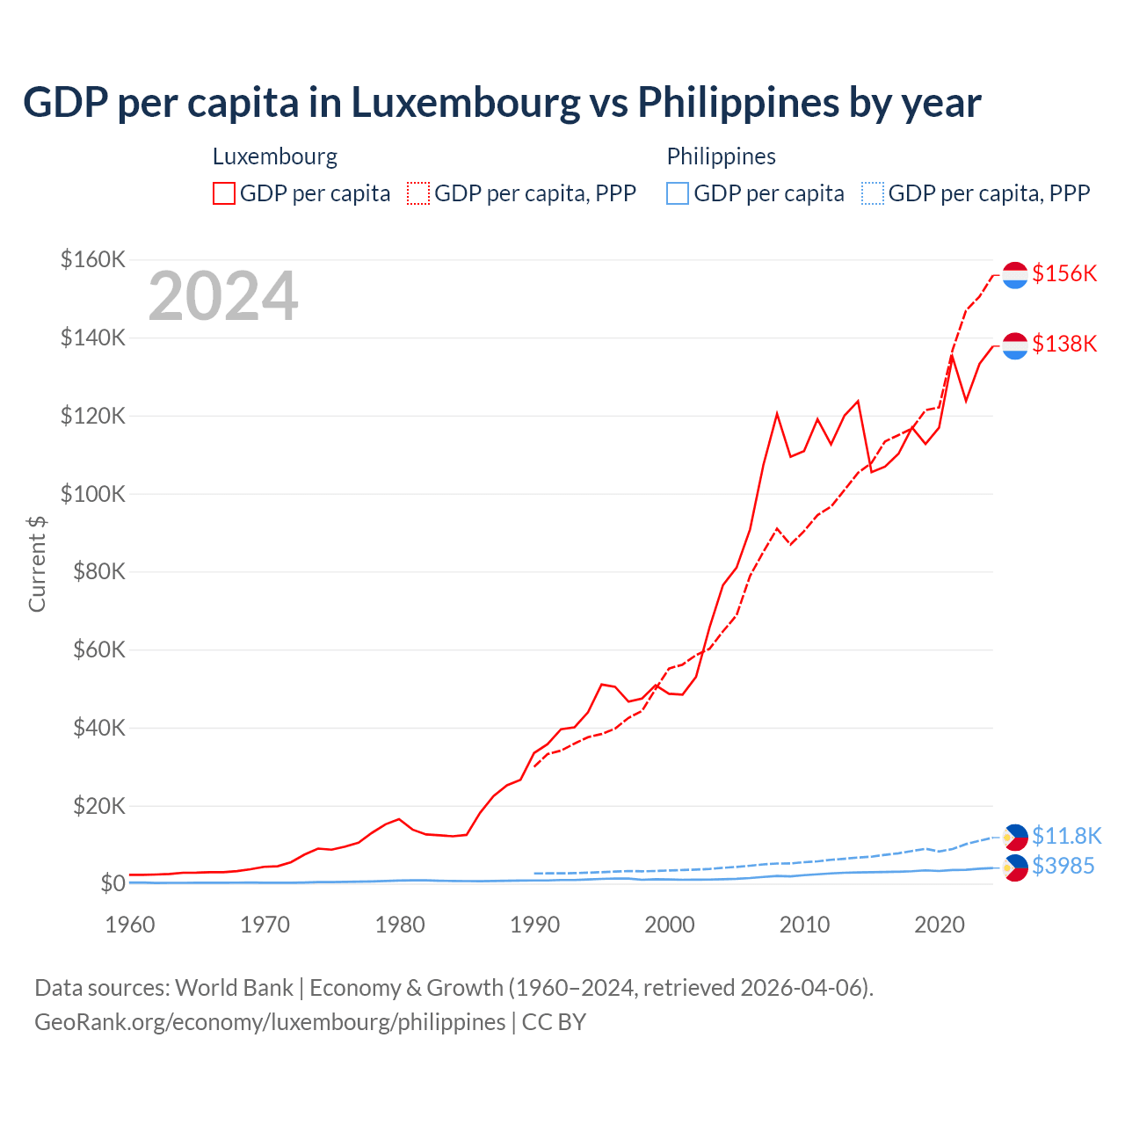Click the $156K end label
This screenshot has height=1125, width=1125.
[x=1064, y=273]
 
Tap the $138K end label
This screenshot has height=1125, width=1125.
[x=1064, y=344]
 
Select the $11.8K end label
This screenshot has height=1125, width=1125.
[x=1066, y=835]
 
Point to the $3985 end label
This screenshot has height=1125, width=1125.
[x=1063, y=866]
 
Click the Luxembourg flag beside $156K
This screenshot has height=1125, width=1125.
[x=1015, y=274]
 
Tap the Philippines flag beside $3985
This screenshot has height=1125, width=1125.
[x=1015, y=867]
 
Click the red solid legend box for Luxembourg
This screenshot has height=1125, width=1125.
[x=224, y=193]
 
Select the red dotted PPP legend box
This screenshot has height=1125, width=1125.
[x=418, y=193]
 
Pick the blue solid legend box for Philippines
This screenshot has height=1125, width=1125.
[x=678, y=193]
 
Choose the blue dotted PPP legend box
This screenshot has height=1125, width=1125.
[x=873, y=193]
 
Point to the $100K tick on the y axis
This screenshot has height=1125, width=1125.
[x=93, y=494]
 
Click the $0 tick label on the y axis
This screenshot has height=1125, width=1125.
[x=112, y=883]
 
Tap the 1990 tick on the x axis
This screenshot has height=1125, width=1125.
[x=534, y=925]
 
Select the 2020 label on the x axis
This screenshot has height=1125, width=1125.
[x=940, y=925]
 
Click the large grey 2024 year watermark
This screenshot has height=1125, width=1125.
[x=223, y=296]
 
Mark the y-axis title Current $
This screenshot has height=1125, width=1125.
[x=37, y=563]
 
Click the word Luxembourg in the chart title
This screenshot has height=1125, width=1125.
[x=466, y=103]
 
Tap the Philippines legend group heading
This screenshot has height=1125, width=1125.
[x=721, y=156]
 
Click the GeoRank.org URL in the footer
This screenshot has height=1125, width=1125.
[x=270, y=1022]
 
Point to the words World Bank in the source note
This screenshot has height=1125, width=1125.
[x=234, y=988]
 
